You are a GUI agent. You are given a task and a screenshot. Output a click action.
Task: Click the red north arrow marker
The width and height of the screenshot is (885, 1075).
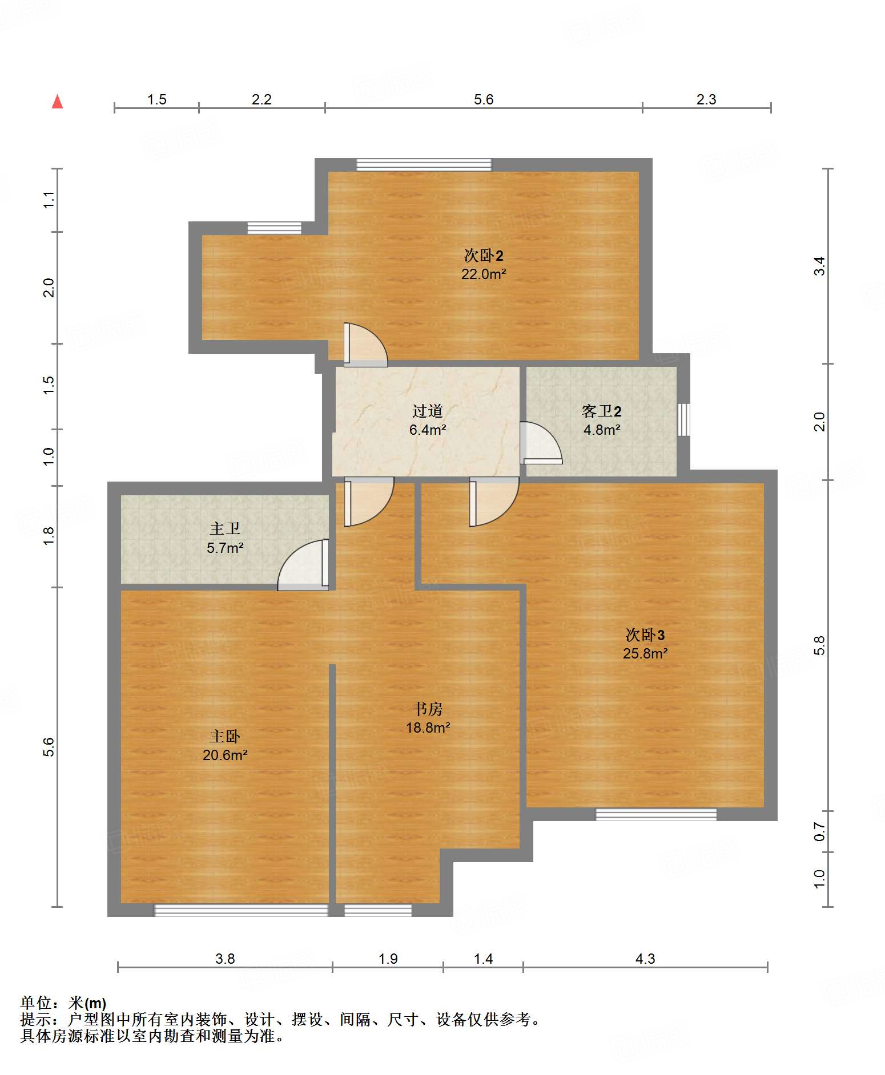tap(57, 102)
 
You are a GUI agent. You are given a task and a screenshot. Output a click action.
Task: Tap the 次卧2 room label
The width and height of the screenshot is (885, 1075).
tap(483, 255)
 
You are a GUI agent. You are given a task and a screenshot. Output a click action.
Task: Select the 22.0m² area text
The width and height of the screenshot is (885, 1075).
tap(484, 274)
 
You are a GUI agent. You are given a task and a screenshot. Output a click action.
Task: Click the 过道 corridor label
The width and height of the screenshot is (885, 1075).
tap(428, 411)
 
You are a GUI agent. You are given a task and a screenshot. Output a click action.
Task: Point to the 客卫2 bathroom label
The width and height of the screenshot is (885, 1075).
tap(601, 411)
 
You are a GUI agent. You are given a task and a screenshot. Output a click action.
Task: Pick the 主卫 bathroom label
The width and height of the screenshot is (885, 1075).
tap(225, 529)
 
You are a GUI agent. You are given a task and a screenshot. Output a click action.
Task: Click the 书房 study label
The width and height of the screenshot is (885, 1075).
tap(428, 709)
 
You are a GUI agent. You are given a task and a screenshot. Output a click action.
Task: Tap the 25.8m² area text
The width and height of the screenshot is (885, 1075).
tap(645, 653)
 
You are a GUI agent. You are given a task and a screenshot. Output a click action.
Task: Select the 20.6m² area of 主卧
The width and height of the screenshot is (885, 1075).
tap(225, 755)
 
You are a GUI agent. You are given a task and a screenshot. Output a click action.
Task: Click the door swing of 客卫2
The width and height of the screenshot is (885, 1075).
tap(541, 442)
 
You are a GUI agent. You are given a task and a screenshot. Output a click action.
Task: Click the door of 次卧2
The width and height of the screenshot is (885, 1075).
tap(365, 345)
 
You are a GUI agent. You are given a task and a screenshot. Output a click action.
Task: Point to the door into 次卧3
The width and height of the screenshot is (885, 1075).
tap(494, 502)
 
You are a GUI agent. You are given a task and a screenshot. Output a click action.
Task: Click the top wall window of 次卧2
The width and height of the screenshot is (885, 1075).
tap(424, 165)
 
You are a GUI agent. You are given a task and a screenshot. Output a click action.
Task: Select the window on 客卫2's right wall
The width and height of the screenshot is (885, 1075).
tap(683, 420)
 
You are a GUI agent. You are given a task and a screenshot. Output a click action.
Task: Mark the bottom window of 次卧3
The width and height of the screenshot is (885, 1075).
tap(656, 814)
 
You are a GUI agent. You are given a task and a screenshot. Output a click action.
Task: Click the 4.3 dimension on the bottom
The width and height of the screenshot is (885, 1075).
tap(645, 959)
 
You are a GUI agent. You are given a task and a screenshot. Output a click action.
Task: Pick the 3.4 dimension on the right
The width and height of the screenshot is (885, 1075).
tap(819, 266)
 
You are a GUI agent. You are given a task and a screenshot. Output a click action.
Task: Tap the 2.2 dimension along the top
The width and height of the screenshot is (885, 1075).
tap(262, 99)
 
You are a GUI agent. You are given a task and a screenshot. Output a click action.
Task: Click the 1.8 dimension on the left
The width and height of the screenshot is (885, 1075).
tap(49, 536)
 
